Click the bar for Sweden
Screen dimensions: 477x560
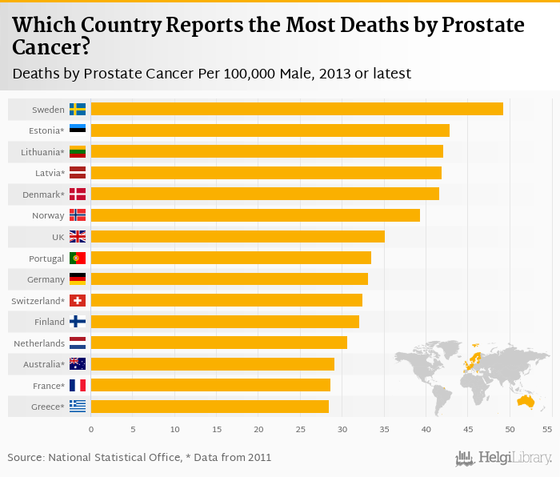(297, 109)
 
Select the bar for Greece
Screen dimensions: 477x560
(210, 407)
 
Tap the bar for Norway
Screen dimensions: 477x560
(255, 214)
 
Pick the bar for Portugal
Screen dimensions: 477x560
(231, 258)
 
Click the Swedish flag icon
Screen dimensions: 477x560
(78, 109)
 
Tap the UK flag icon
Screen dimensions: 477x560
(78, 236)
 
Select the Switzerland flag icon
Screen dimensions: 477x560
(78, 300)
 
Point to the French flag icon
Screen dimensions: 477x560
(78, 385)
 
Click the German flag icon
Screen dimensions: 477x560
(78, 279)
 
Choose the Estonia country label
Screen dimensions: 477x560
(46, 130)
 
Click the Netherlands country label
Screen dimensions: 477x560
(39, 343)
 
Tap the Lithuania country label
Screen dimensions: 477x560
(42, 151)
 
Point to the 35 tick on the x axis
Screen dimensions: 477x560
(384, 430)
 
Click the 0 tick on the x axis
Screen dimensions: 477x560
(91, 430)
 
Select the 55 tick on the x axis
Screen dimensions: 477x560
(547, 430)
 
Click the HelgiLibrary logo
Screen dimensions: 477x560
(504, 458)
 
